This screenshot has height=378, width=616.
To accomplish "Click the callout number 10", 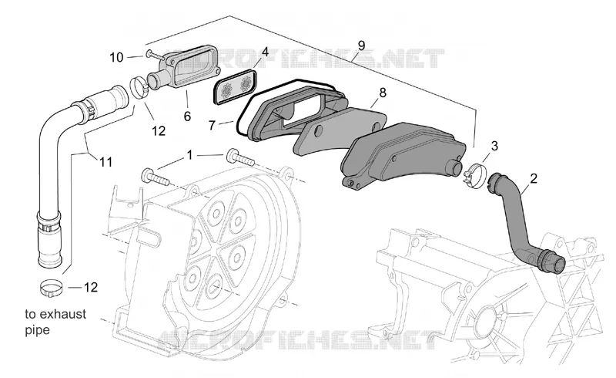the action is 116,58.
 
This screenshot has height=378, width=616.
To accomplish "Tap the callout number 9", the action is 361,46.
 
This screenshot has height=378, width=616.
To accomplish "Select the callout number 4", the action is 265,52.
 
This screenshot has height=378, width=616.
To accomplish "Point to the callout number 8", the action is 382,93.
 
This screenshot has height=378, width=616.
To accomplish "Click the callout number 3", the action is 494,146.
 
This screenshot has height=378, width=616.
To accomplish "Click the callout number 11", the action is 105,162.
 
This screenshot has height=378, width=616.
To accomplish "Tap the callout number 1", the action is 189,155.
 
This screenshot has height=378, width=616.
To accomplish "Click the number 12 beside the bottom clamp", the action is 90,288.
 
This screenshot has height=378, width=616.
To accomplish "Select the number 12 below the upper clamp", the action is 159,130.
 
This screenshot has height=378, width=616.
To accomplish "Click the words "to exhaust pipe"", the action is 55,322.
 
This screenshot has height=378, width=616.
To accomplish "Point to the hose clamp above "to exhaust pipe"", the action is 51,289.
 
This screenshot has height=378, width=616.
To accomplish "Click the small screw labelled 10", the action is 154,56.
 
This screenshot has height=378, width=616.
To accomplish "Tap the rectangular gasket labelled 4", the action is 235,87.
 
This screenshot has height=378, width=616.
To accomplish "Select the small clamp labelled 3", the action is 474,174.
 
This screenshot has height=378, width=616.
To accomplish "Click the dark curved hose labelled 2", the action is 518,221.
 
